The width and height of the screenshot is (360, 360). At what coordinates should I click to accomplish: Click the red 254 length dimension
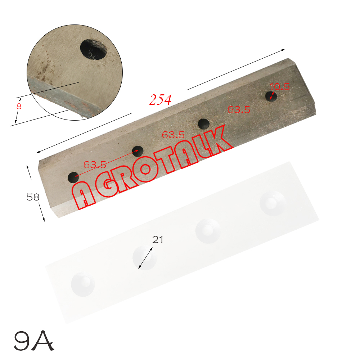(x=160, y=100)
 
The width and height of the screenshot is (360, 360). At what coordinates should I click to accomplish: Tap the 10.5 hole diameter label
(x=280, y=87)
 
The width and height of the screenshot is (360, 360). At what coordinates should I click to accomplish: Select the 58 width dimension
(x=33, y=197)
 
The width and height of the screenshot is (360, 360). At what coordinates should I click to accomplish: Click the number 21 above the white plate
(x=157, y=240)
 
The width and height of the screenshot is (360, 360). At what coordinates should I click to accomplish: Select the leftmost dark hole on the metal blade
(x=73, y=177)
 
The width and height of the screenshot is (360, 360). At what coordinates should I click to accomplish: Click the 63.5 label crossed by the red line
(x=95, y=165)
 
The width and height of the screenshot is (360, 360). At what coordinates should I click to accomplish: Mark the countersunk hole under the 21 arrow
(x=145, y=256)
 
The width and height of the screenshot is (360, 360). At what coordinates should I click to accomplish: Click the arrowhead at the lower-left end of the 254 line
(x=39, y=152)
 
